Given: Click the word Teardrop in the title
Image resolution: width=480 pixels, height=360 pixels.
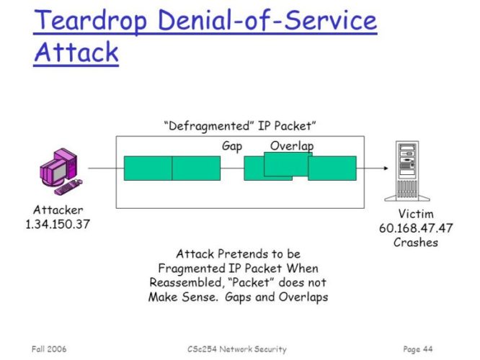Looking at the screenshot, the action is (x=91, y=21).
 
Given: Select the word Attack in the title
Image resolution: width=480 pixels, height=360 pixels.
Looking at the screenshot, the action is (x=76, y=52).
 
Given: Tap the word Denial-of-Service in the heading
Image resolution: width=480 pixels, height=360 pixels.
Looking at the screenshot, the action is (x=267, y=20).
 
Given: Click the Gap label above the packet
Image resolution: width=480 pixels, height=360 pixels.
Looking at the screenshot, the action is (x=232, y=146).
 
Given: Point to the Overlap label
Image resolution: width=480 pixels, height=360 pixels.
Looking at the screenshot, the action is (x=292, y=146).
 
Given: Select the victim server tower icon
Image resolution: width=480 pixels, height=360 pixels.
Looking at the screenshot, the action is (x=406, y=171).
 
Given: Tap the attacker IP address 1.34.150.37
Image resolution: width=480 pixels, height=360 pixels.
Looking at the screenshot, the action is (x=58, y=224).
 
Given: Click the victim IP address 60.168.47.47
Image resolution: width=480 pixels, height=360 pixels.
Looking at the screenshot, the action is (x=416, y=228).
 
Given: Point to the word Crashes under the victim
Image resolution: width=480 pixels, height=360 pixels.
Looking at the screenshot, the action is (x=416, y=242).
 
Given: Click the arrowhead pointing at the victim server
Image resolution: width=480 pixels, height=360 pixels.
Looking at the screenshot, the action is (x=386, y=168).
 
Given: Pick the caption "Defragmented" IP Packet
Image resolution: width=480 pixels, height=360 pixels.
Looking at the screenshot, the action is (x=240, y=126).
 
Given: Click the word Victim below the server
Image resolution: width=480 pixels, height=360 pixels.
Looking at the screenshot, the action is (x=416, y=214).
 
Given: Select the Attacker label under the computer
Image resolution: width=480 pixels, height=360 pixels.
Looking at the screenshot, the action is (x=58, y=210).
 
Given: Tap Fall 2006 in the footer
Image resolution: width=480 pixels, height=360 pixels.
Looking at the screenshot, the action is (x=49, y=349).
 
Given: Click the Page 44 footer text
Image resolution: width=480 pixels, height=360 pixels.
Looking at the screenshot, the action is (x=418, y=349).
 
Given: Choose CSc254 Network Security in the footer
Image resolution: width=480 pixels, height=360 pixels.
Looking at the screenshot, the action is (x=237, y=349).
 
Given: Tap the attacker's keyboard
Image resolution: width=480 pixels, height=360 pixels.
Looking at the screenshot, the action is (x=68, y=187).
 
